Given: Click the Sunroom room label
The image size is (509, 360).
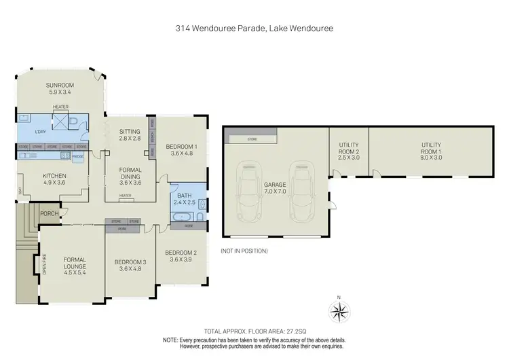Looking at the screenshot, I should pos(60,88).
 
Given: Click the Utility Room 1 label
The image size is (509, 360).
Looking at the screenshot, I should pos(431,150).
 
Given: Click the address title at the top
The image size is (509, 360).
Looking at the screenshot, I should pos(254,29).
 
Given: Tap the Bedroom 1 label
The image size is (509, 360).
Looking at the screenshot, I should pos(182,149).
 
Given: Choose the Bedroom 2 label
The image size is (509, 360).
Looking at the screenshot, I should pos(180,256).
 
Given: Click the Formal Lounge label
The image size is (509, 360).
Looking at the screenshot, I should pos(75,263).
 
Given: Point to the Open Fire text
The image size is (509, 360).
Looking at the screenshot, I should pos(45,263).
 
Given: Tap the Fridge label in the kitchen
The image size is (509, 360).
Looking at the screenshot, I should pos(78,156).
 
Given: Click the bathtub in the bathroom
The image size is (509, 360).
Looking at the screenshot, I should pos(180,217).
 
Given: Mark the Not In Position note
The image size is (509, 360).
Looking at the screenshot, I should pos(244,251).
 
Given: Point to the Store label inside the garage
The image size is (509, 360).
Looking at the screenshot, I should pos(252,139).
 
